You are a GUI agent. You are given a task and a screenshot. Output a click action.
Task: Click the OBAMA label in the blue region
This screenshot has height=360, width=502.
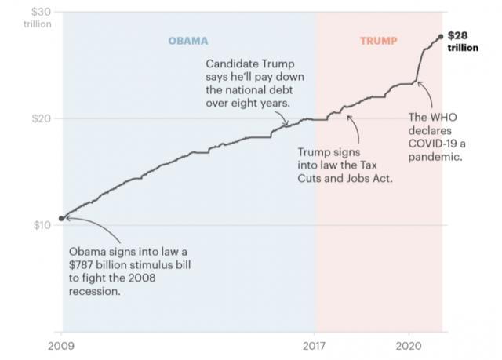(x=189, y=40)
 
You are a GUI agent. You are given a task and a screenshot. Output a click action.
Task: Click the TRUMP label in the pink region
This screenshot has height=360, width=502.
(x=378, y=40)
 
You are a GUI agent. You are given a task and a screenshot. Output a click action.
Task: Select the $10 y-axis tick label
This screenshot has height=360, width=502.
(x=42, y=225)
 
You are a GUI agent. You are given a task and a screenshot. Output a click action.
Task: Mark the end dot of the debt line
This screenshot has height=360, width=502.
(x=441, y=36)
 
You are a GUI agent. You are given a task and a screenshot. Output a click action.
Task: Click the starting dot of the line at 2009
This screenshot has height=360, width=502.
(x=62, y=218)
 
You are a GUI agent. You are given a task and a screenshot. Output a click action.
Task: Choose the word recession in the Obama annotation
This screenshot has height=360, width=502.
(x=95, y=292)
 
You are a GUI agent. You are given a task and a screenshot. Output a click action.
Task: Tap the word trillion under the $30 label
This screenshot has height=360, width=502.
(x=38, y=24)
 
